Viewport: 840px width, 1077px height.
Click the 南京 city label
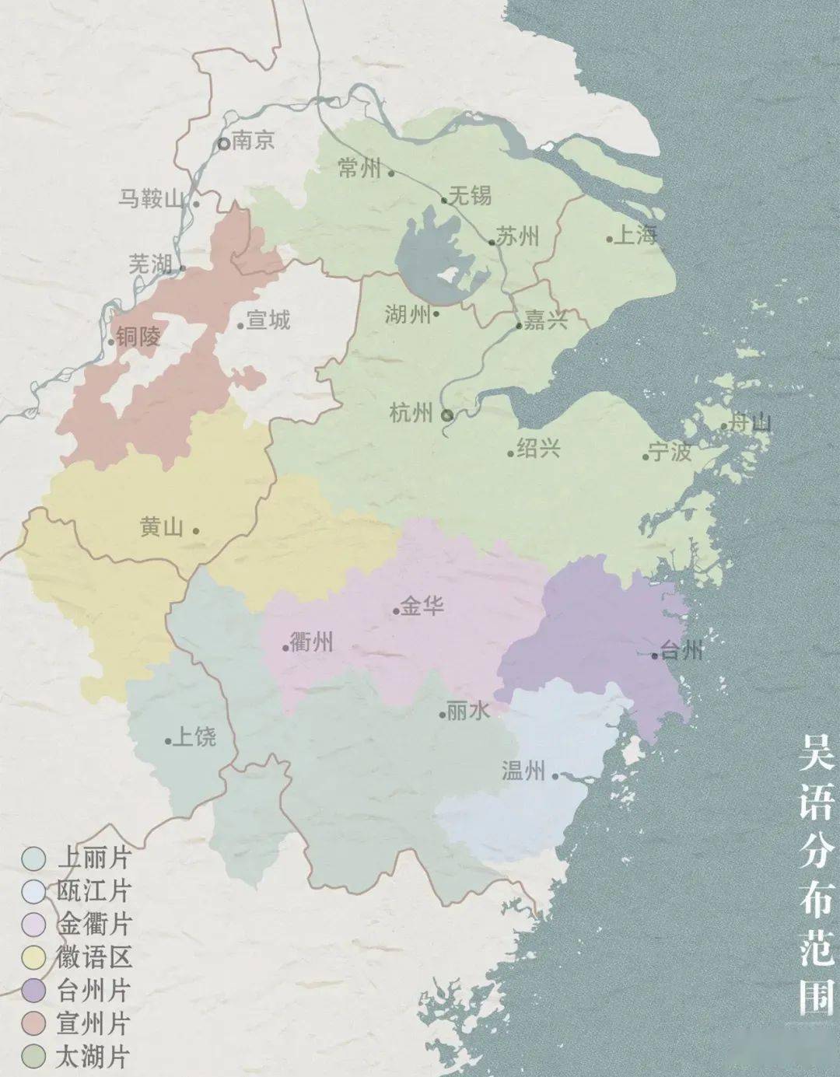click(254, 142)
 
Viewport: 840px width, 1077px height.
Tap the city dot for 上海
click(610, 239)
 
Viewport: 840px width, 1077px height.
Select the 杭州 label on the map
click(411, 413)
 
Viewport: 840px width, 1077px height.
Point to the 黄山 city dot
click(195, 531)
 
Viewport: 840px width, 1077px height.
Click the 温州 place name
click(523, 771)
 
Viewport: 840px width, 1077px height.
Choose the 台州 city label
click(681, 650)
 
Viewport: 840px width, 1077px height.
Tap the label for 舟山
click(751, 423)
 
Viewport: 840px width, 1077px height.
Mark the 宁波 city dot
click(646, 456)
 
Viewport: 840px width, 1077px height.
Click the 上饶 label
click(194, 736)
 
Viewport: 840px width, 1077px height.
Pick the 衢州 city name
click(311, 642)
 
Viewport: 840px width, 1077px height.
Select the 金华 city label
click(422, 606)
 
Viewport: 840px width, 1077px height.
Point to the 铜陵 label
click(138, 336)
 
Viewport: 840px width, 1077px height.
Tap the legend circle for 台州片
click(33, 991)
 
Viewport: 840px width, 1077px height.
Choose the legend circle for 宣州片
click(33, 1023)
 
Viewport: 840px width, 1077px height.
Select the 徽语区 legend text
click(93, 957)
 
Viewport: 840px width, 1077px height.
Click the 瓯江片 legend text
click(93, 891)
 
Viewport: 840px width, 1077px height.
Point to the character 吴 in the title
click(816, 754)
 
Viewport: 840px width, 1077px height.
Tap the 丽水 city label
click(469, 710)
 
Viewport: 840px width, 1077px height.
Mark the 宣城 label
click(268, 320)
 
